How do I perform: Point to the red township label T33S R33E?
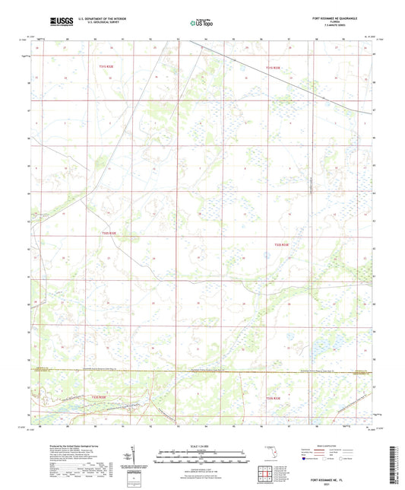(274, 397)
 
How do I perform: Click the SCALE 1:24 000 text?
(201, 446)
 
